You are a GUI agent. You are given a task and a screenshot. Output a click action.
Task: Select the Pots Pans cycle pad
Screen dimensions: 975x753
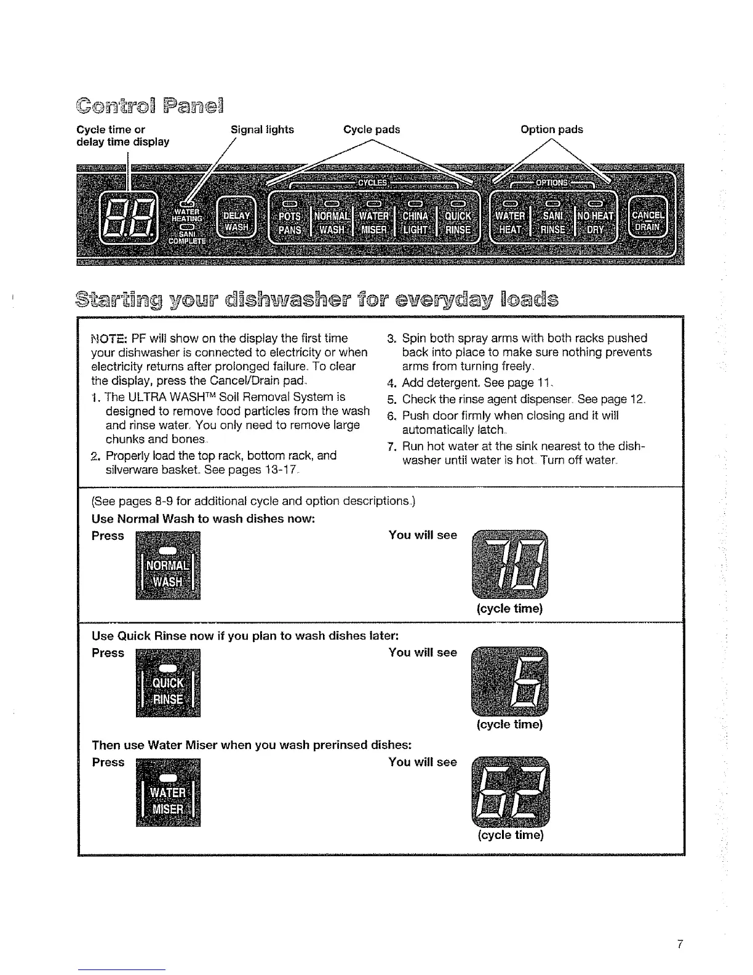[290, 222]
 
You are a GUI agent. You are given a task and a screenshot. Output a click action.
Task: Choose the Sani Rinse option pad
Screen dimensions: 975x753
[552, 222]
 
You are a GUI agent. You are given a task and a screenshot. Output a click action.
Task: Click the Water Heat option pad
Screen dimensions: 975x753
[511, 222]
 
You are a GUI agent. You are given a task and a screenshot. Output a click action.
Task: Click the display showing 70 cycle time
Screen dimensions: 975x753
[509, 563]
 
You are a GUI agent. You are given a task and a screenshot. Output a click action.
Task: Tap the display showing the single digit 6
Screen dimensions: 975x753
[509, 681]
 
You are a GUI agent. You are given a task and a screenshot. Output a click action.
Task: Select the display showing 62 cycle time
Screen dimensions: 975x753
[509, 791]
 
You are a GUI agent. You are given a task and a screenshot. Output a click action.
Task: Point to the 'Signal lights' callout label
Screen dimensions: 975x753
[262, 129]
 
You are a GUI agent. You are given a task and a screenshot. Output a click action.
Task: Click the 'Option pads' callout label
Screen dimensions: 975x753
[551, 129]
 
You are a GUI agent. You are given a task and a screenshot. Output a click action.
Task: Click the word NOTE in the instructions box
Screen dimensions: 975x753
[109, 339]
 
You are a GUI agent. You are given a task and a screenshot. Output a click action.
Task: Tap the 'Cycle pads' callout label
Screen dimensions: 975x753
[372, 129]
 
